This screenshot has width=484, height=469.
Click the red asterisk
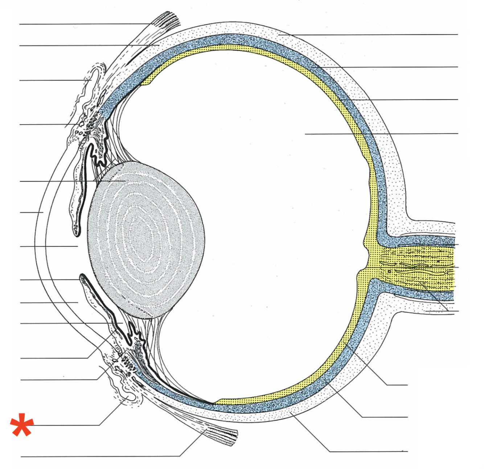(22, 424)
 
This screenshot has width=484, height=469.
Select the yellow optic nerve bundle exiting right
(417, 266)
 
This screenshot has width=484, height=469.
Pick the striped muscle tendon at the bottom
(221, 435)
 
